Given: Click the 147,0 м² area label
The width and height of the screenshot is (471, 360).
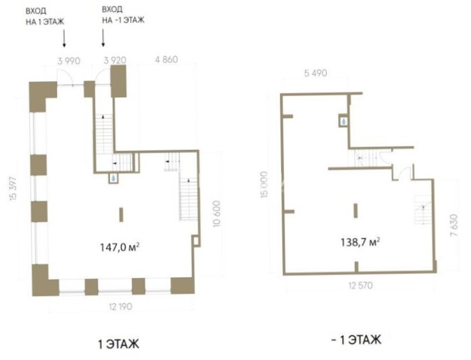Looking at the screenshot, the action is coord(120,247).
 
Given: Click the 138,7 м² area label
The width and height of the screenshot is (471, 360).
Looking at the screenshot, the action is coord(360,241).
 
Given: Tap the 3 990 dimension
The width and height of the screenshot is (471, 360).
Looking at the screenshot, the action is coord(69,61).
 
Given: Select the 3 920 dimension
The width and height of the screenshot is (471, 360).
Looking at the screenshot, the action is coord(115,60).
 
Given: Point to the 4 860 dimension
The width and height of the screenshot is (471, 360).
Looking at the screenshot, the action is coord(167,60).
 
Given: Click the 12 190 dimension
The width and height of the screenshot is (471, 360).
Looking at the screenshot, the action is coord(120,307).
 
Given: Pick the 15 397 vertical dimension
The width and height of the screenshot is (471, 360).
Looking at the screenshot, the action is coord(13,189).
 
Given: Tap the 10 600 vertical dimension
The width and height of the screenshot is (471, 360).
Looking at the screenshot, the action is coord(216,214).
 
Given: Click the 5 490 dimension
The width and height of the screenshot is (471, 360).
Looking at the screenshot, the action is coord(315,73).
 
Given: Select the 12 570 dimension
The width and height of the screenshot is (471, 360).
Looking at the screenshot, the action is coord(360,285).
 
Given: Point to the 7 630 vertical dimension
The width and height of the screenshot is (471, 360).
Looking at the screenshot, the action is coord(454,225).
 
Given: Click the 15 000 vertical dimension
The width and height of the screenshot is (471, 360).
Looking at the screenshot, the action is coord(264,184).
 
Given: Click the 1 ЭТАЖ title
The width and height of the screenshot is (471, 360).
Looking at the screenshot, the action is coord(119,344).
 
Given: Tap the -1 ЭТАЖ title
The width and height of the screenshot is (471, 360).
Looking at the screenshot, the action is coord(356,340).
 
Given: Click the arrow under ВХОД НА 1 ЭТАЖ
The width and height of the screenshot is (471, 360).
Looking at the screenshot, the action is coord(64,38).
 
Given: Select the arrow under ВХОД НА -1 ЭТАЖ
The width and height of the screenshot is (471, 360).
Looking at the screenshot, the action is coord(103,38).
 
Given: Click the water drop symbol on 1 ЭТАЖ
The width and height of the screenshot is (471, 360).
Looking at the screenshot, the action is coord(113,178).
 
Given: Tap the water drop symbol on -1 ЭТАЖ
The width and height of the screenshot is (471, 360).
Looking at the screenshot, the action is coord(344,122).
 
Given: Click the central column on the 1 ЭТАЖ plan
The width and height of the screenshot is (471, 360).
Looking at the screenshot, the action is coord(122,215).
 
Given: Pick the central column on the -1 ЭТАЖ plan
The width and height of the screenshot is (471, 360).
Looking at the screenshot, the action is coord(356,211).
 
